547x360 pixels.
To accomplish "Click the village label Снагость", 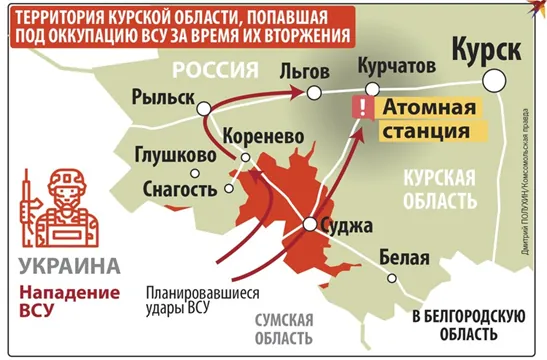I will pyautogui.click(x=180, y=188).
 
